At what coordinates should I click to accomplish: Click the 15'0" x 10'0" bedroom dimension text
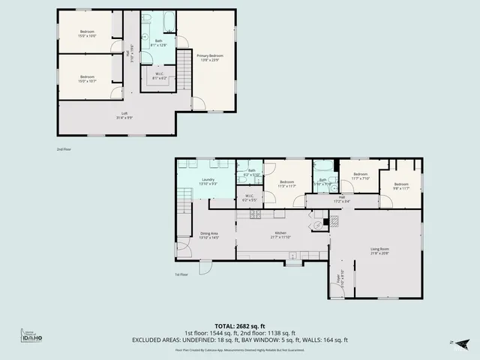click(88, 35)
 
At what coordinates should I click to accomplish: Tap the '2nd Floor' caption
click(64, 149)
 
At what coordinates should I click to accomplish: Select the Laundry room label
click(208, 180)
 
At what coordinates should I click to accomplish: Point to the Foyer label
click(339, 274)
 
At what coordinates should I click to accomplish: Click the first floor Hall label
click(341, 197)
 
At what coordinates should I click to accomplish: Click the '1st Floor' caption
click(181, 274)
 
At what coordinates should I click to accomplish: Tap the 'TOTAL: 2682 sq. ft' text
click(239, 325)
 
